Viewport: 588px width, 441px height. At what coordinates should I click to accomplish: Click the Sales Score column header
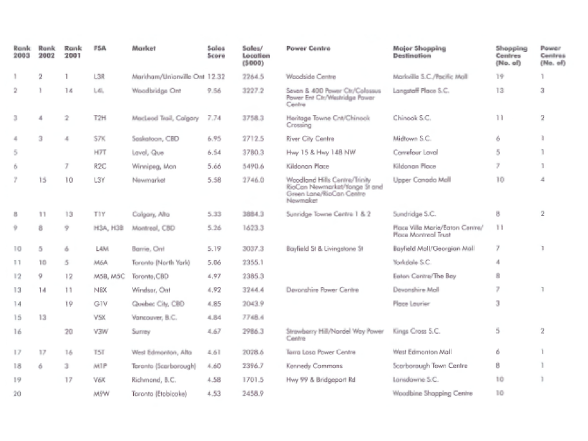click(216, 52)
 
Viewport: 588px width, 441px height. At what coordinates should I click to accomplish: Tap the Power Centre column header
click(308, 49)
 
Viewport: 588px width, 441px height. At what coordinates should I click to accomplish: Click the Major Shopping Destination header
click(419, 52)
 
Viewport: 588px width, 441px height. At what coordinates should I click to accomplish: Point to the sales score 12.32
click(216, 77)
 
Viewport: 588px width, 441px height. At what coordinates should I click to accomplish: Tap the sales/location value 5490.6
click(253, 167)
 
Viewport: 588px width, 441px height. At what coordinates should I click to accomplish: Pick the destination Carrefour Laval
click(415, 153)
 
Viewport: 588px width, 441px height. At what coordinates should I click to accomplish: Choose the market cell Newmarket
click(148, 180)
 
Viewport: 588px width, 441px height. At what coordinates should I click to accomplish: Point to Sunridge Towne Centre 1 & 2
click(328, 214)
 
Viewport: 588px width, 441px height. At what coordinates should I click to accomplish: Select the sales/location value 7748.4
click(253, 318)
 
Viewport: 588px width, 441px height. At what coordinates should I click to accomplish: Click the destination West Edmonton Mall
click(422, 352)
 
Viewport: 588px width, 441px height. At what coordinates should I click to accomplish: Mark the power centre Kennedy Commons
click(314, 366)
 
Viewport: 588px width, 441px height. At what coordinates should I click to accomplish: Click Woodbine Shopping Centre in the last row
click(432, 393)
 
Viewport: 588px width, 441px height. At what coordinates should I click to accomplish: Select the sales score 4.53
click(214, 393)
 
